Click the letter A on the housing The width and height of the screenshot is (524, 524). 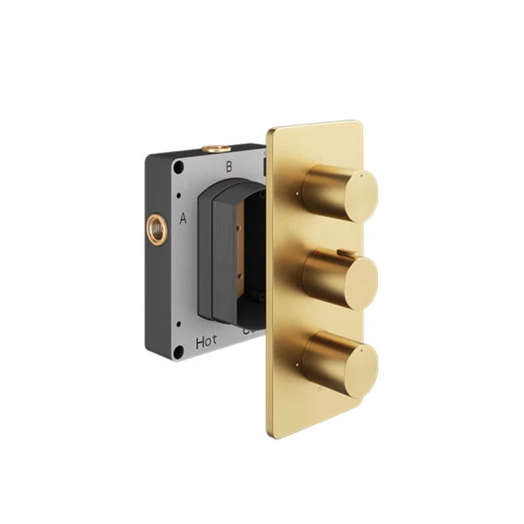point(183,218)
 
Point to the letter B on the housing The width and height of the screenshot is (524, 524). point(229,167)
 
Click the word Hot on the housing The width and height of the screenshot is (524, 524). point(206,343)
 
